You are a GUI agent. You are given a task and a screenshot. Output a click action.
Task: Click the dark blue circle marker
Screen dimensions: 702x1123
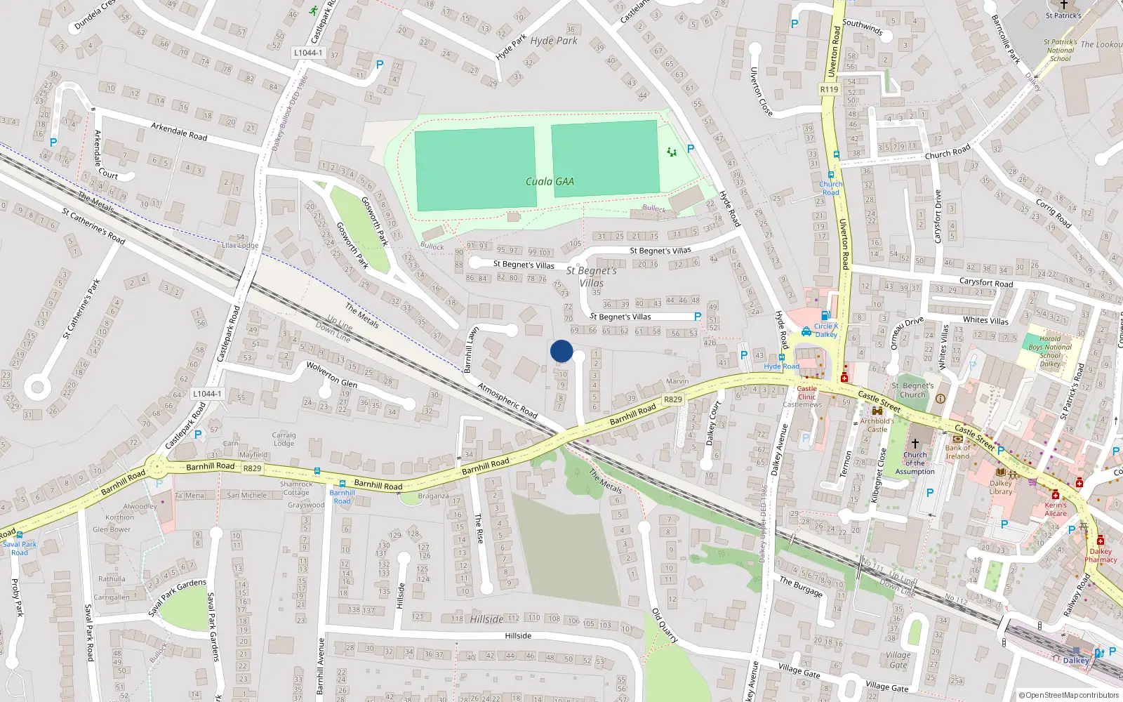pyautogui.click(x=561, y=351)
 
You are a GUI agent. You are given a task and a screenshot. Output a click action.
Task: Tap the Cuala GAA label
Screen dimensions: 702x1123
pyautogui.click(x=550, y=181)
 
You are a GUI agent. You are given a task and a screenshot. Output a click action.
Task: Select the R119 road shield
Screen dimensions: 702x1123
pyautogui.click(x=829, y=89)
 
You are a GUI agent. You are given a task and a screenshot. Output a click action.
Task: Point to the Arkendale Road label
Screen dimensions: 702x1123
pyautogui.click(x=179, y=131)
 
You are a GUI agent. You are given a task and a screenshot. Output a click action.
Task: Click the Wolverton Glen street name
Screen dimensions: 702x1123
pyautogui.click(x=331, y=374)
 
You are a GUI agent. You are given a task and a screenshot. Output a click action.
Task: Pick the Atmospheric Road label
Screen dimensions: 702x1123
pyautogui.click(x=507, y=400)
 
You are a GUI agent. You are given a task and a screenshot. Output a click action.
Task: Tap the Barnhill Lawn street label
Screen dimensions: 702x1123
pyautogui.click(x=471, y=349)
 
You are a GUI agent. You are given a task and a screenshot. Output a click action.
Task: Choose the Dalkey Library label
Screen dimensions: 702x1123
pyautogui.click(x=1001, y=487)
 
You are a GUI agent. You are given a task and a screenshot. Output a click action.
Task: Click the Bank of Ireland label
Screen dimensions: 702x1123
pyautogui.click(x=957, y=452)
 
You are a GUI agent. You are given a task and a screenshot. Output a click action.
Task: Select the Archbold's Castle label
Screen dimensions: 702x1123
pyautogui.click(x=877, y=425)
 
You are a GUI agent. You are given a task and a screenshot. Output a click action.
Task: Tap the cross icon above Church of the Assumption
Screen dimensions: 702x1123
pyautogui.click(x=915, y=444)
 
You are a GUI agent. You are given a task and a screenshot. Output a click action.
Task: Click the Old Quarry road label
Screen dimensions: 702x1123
pyautogui.click(x=665, y=625)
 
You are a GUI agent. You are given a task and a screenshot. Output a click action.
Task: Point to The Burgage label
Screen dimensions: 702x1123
pyautogui.click(x=801, y=586)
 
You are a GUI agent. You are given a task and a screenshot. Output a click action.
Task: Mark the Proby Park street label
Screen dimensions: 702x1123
pyautogui.click(x=17, y=597)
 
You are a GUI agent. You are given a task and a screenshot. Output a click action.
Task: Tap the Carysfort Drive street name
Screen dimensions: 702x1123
pyautogui.click(x=938, y=216)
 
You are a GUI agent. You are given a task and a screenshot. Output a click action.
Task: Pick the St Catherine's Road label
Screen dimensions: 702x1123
pyautogui.click(x=93, y=225)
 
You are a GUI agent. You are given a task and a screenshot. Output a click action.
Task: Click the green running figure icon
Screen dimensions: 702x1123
pyautogui.click(x=313, y=11)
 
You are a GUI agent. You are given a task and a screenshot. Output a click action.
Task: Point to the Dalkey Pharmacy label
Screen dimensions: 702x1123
pyautogui.click(x=1101, y=555)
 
